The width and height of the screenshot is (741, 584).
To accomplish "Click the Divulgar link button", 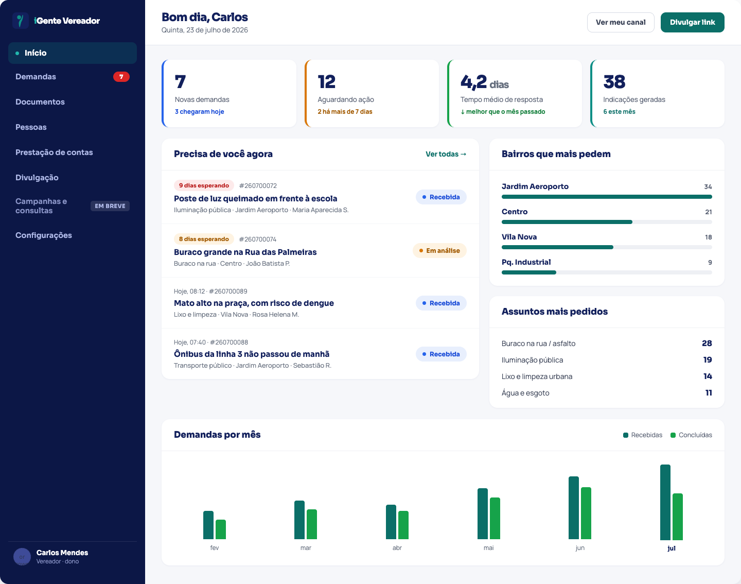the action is tap(692, 23).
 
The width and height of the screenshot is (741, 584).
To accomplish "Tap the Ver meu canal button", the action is tap(621, 23).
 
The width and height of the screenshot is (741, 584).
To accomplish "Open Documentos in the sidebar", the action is tap(40, 101).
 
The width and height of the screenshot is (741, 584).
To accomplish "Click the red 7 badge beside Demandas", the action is tap(121, 77).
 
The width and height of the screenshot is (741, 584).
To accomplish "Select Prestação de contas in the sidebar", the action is tap(54, 152).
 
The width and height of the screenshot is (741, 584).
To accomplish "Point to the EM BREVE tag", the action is tap(110, 206).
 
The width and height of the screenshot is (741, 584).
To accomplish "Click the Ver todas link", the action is tap(446, 154).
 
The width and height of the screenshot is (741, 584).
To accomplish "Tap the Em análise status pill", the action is tap(439, 251).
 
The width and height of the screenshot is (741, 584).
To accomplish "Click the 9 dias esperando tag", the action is tap(204, 185).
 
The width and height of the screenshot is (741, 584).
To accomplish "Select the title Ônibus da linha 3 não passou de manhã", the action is tap(251, 354).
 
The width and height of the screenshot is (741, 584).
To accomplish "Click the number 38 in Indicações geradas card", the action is tap(614, 82).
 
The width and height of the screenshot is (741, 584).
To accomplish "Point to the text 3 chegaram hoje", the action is tap(199, 112).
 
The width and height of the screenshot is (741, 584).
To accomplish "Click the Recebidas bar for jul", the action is tap(665, 502).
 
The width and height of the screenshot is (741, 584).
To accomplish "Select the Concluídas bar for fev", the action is tap(221, 529).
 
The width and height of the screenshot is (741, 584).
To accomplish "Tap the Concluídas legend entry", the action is tap(691, 435).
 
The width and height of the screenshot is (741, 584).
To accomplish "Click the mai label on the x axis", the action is tap(489, 548).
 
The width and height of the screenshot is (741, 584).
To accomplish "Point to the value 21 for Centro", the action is tap(708, 212).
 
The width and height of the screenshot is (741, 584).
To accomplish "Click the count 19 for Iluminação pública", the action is tap(707, 360).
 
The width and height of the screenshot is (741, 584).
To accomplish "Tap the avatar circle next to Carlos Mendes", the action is tap(22, 557).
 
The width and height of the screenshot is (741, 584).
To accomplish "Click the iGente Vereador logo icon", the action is tap(20, 21).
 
